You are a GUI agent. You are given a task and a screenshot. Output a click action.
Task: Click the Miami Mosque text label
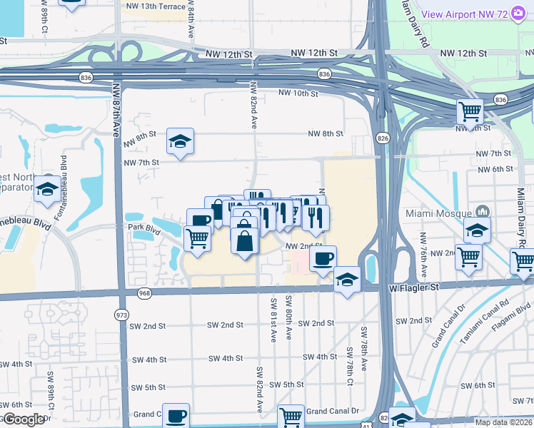coord(438,213)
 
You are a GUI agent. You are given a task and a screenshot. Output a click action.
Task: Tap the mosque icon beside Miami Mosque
coord(483,212)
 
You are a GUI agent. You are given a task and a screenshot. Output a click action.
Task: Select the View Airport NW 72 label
coord(479,13)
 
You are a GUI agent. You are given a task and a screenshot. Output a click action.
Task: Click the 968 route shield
coord(145,292)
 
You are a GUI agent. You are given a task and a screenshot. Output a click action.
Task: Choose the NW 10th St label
coord(298,93)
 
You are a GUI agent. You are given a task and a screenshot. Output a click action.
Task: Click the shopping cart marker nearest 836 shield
coord(470,111)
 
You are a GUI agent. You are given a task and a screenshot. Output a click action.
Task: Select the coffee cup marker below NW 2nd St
coord(323,258)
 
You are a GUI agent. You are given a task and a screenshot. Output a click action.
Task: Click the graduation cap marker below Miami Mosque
coord(477,230)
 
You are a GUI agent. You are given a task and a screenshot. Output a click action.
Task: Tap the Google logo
coord(23,419)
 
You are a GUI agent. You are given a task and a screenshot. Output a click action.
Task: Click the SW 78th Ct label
coord(349,364)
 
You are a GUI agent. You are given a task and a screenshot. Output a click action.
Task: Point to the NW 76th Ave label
coord(423,255)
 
